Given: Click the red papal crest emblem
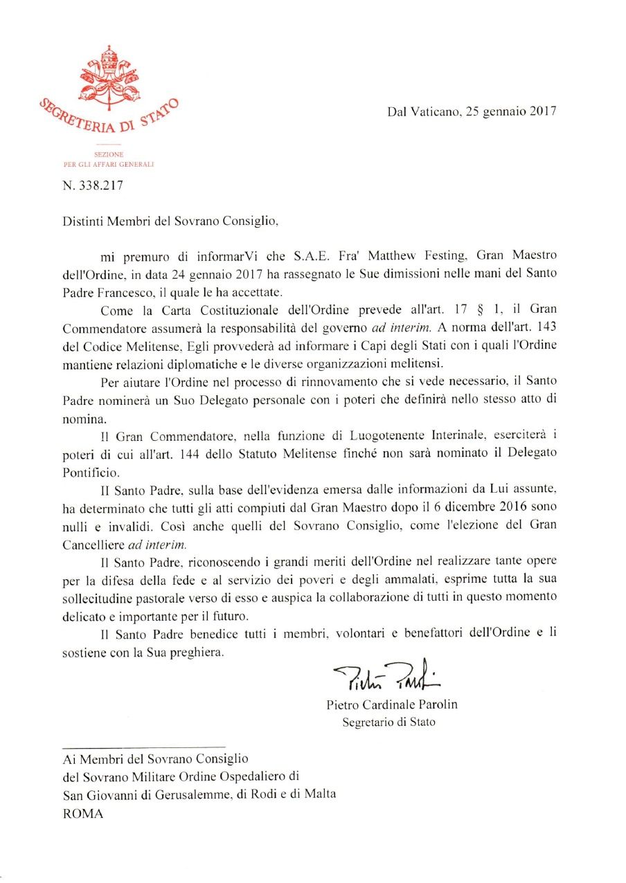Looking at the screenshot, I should tap(107, 75).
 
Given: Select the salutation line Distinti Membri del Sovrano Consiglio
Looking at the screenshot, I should tap(170, 222).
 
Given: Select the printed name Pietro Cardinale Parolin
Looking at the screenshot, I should tap(392, 705).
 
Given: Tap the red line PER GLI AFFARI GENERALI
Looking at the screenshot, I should tap(108, 164).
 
